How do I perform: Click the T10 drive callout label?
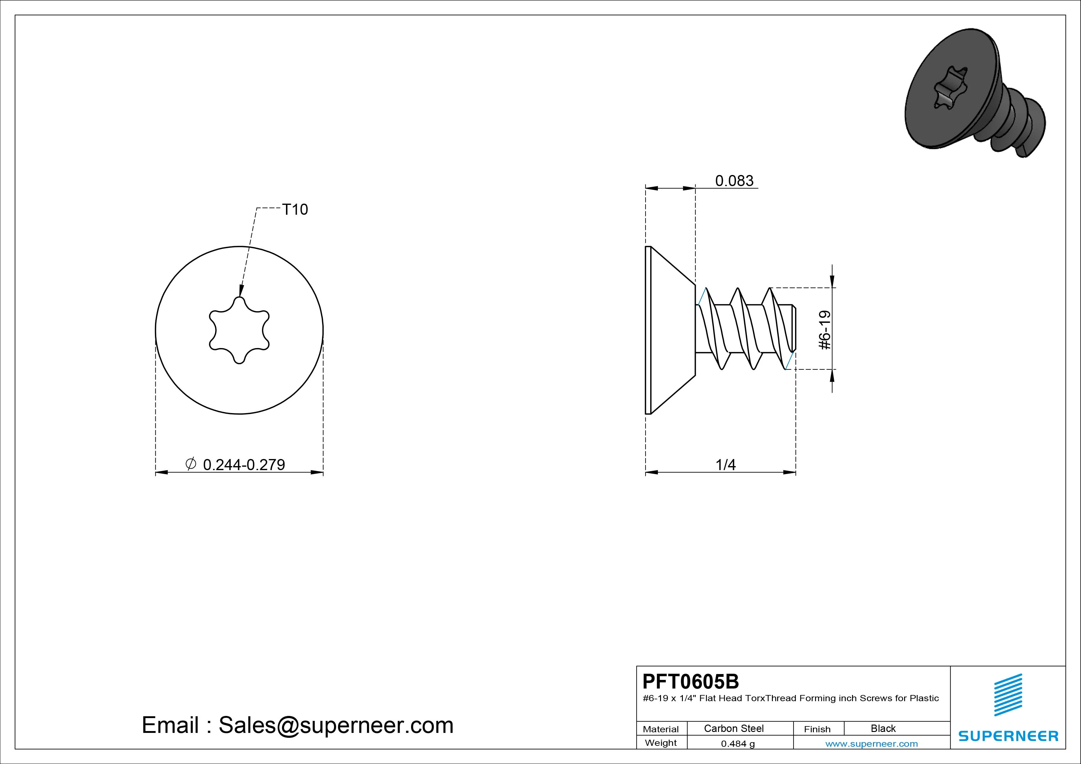295,209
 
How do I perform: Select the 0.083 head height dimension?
734,181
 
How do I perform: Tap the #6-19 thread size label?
825,330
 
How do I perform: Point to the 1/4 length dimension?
725,465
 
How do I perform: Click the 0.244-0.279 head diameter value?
244,465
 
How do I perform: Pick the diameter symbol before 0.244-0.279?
191,464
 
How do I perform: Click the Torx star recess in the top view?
239,330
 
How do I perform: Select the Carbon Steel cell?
733,728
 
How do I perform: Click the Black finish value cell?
883,728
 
